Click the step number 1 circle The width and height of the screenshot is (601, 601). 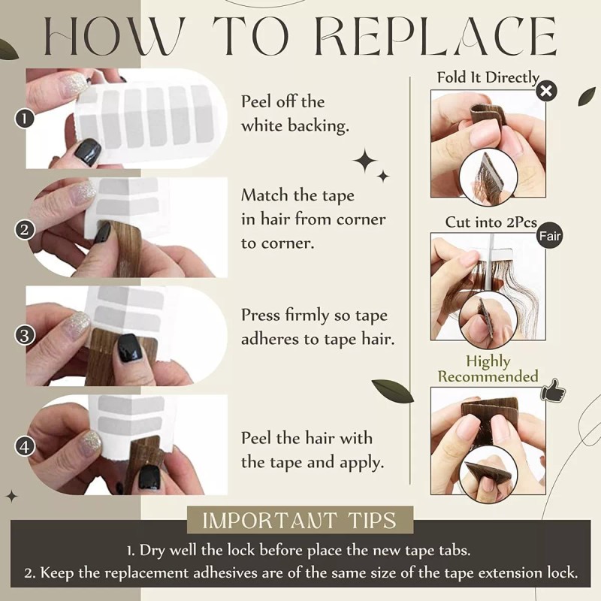[x=24, y=119]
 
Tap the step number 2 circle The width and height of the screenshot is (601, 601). [x=24, y=230]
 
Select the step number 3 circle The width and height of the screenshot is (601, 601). [x=24, y=336]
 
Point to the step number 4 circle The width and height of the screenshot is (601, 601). [x=24, y=446]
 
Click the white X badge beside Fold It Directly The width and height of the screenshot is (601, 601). [x=546, y=91]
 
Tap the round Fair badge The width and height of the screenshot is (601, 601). [x=550, y=236]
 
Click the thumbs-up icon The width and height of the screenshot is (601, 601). [x=553, y=390]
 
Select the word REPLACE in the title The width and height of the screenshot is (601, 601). [x=436, y=37]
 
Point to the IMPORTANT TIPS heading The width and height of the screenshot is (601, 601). [x=299, y=520]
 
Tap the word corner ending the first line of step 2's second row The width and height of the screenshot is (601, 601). [x=361, y=219]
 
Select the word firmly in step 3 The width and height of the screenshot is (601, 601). [x=307, y=316]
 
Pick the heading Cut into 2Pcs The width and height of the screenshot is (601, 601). [x=491, y=222]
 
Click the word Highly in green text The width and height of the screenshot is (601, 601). [x=488, y=361]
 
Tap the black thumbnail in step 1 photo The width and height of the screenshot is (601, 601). [x=87, y=152]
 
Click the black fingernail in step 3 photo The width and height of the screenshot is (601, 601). [x=131, y=348]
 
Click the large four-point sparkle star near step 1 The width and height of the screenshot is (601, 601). [x=365, y=162]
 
